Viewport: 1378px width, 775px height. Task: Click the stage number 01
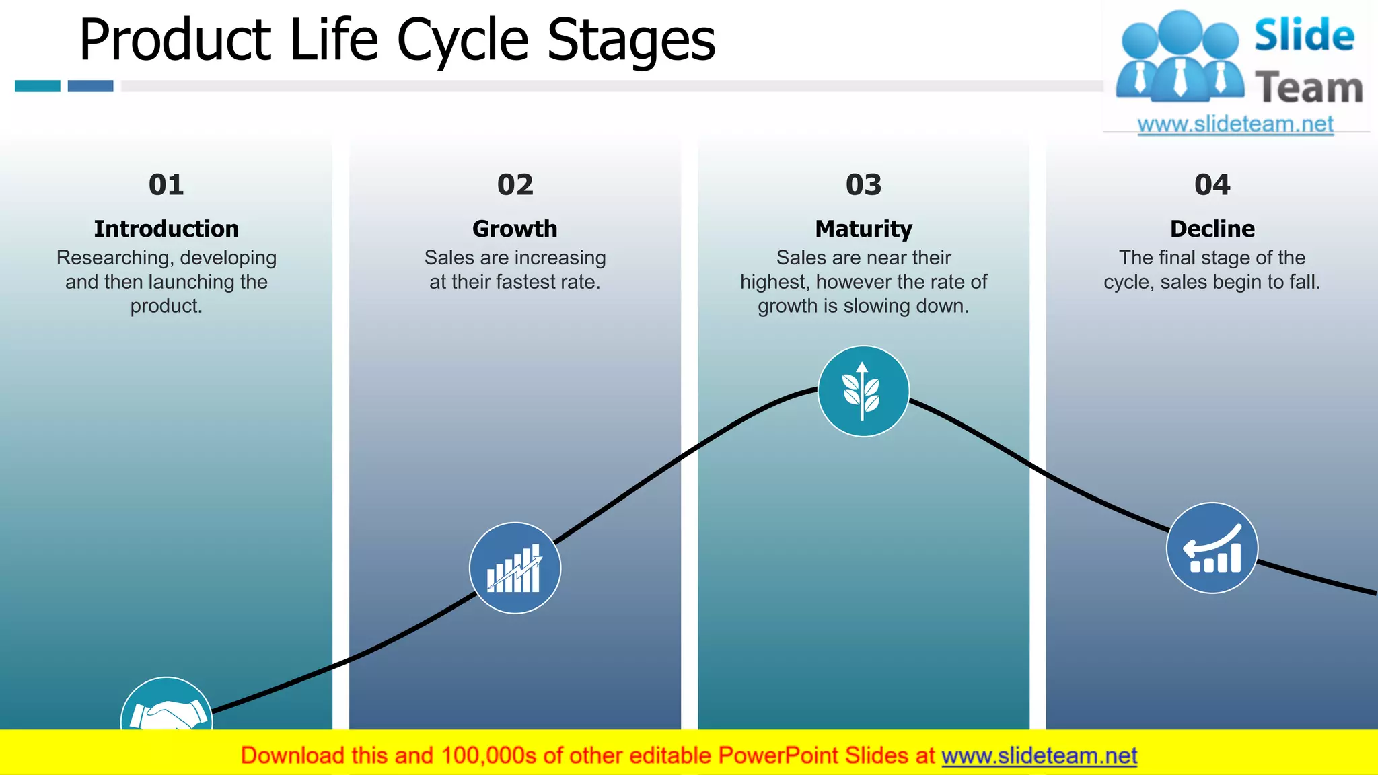[x=166, y=185]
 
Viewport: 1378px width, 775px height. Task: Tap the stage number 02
[x=515, y=185]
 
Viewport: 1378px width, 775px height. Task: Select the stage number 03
[x=863, y=185]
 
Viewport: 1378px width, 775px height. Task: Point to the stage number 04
[x=1212, y=185]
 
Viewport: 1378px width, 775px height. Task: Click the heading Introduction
[x=166, y=229]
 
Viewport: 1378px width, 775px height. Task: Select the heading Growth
[x=515, y=229]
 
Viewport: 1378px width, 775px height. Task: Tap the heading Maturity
[x=863, y=229]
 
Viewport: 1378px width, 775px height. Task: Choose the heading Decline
[x=1212, y=229]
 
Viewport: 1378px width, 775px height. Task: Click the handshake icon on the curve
[x=167, y=710]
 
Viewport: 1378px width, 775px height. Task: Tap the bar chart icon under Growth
[x=515, y=568]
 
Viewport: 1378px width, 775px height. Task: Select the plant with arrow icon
[x=863, y=392]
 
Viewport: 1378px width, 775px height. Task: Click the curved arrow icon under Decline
[x=1212, y=548]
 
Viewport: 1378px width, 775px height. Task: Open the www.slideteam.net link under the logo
[x=1235, y=124]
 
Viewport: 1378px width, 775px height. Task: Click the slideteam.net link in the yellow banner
[x=1039, y=755]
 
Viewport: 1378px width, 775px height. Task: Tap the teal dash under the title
[x=38, y=86]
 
